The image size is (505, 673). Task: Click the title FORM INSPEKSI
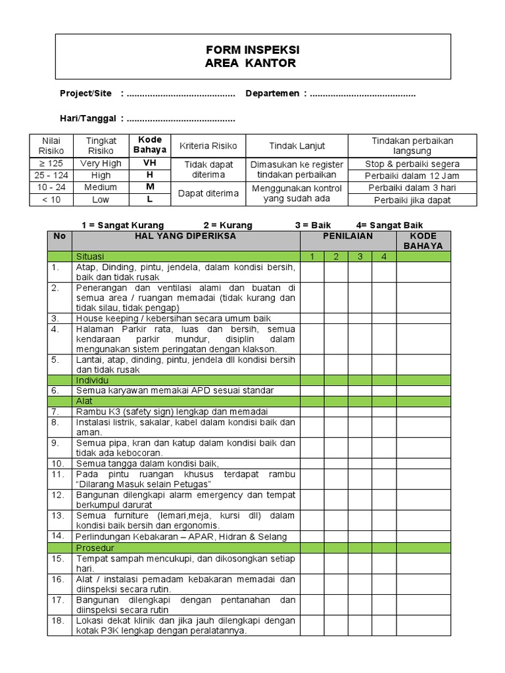252,51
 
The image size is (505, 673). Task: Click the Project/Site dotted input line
181,94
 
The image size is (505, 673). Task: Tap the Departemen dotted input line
362,94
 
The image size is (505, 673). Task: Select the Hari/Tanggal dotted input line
181,119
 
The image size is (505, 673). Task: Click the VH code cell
149,163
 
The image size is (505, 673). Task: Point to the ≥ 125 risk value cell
51,163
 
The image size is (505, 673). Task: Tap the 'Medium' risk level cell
101,187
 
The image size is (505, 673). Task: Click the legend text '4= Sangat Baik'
390,225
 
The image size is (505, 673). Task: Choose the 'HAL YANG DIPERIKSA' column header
185,235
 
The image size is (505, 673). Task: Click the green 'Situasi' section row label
90,256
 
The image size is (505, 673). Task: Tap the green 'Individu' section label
92,380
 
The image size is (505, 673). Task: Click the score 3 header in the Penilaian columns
360,256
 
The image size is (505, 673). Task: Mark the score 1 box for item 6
312,390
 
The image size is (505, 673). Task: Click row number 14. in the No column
59,536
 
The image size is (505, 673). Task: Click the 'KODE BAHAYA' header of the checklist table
423,241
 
